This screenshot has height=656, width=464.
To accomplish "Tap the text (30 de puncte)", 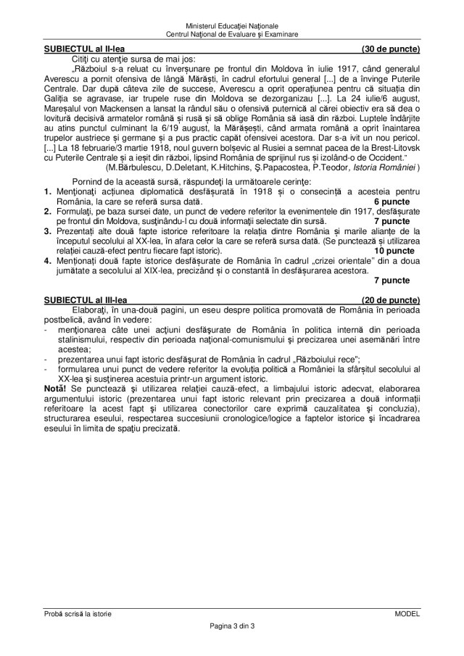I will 391,49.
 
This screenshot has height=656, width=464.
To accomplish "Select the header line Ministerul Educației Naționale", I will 231,25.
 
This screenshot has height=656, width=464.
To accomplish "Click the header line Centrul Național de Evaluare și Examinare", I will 231,34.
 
